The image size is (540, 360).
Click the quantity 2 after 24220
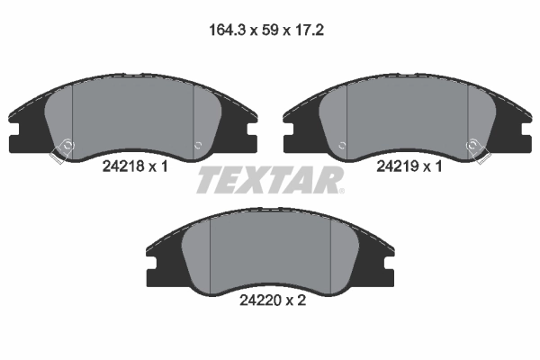302,301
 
